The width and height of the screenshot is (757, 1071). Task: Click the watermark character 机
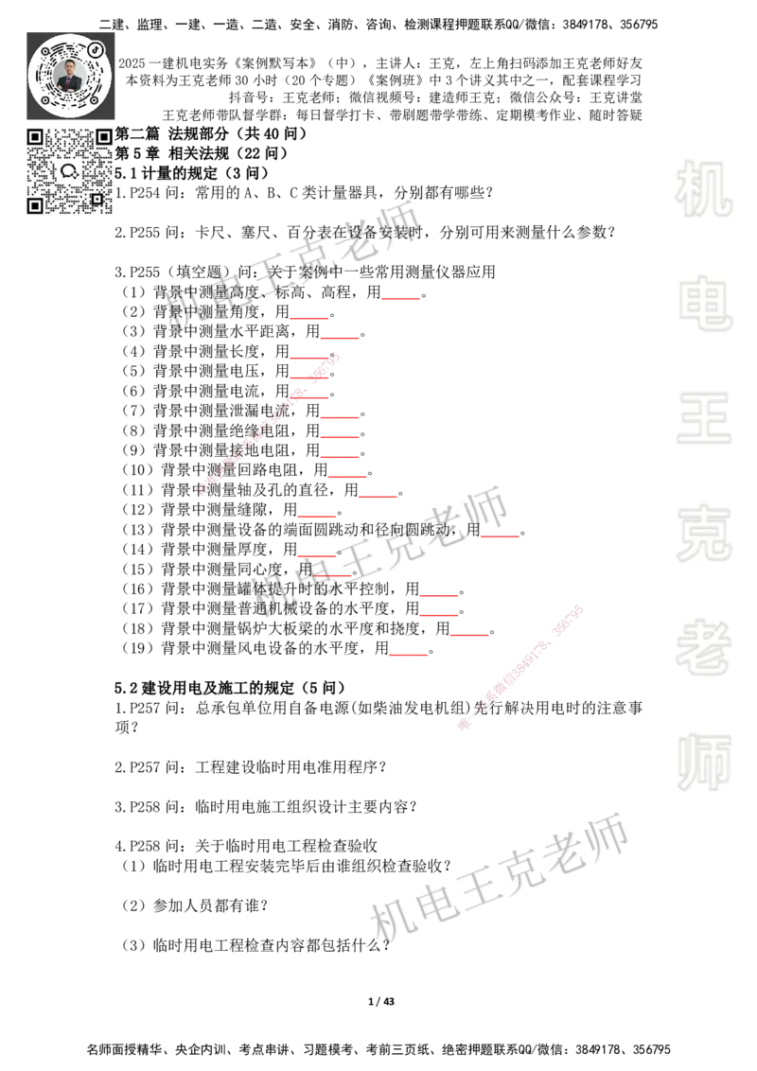[703, 189]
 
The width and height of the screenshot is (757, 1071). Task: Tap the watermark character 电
[707, 303]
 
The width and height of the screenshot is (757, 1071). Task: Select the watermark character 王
[703, 419]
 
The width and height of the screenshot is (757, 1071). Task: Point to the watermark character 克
[703, 534]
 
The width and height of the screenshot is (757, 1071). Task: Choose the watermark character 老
[703, 647]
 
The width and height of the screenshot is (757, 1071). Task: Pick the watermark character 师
[703, 764]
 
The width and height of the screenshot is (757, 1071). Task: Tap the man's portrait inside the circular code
[70, 75]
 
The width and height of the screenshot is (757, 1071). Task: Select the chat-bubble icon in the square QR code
[69, 171]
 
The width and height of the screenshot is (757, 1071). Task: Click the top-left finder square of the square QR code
[35, 137]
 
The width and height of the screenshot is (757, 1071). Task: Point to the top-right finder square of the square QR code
[104, 137]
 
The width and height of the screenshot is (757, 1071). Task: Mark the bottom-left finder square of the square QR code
[35, 205]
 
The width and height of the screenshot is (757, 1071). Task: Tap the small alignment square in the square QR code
[97, 199]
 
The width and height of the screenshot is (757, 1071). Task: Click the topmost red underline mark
[401, 299]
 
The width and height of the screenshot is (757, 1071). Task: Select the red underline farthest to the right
[501, 537]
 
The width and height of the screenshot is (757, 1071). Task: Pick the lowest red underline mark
[409, 655]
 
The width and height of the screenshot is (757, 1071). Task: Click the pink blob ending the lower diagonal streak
[464, 725]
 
